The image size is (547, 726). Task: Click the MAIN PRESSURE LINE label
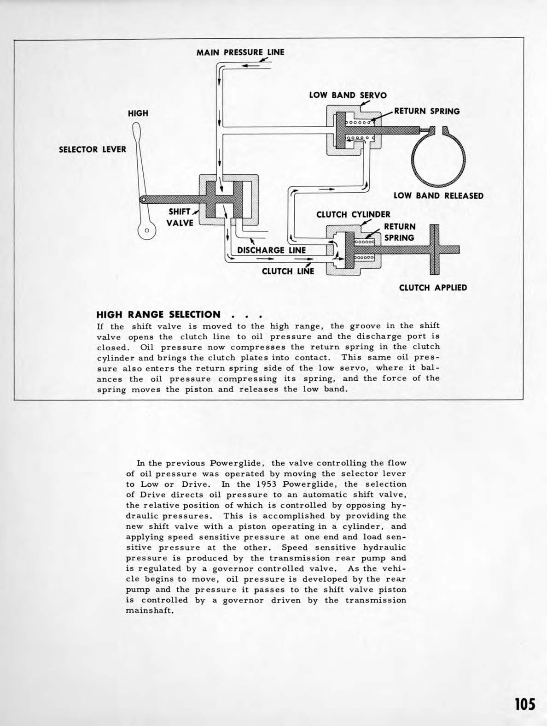point(240,52)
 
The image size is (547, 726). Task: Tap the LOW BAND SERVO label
point(348,95)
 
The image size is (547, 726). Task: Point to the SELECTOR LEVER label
point(92,149)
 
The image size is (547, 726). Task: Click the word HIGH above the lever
point(138,113)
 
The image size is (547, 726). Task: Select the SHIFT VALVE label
point(180,217)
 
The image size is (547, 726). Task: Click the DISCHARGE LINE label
point(271,250)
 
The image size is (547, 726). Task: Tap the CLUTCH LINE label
point(288,271)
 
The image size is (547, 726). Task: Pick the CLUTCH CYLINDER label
point(353,214)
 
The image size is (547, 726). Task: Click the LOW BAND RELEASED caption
point(438,195)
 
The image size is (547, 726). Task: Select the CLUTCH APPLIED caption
point(433,288)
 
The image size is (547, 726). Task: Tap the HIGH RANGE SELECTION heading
point(158,315)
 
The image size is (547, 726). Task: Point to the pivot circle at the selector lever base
point(147,230)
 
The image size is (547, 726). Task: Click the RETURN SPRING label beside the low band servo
point(427,111)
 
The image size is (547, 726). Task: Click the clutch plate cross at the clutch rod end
point(434,249)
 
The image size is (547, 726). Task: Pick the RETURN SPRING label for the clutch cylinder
point(400,232)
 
